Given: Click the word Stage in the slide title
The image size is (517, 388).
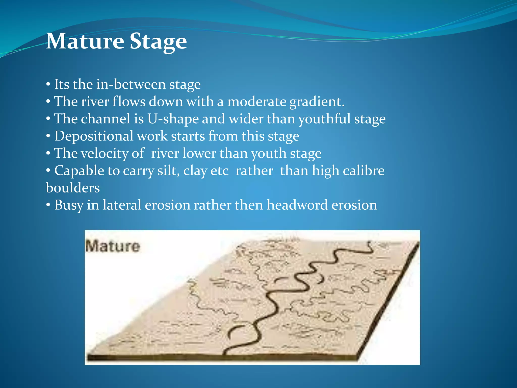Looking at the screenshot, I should (158, 42).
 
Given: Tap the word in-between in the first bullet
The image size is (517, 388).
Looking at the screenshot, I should (131, 84).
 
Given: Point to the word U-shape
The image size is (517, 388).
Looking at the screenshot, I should (173, 119).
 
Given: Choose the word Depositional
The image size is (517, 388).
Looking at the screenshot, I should (94, 136).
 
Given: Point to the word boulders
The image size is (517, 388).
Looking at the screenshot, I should (73, 188).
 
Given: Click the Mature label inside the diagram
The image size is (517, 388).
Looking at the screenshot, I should (112, 246).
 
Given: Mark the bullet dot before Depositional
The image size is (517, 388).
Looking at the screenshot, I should (48, 136).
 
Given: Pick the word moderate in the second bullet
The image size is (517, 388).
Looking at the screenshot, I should (256, 102).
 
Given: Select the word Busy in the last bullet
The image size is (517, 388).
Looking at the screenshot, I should (69, 205).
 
